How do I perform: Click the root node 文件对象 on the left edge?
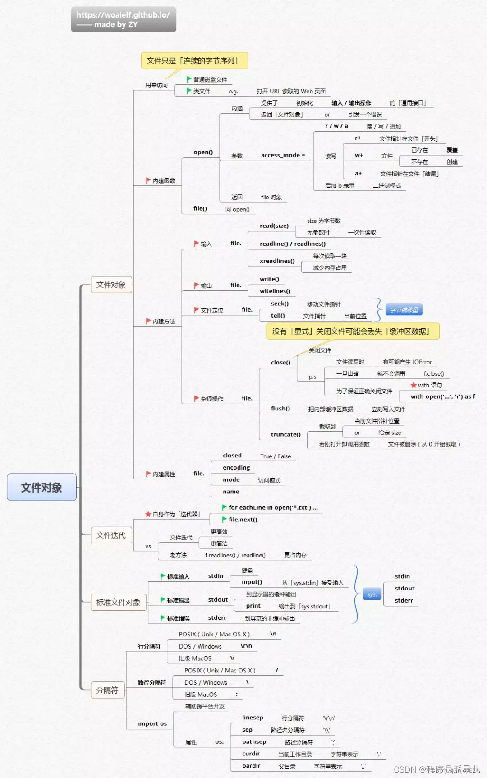click(x=41, y=487)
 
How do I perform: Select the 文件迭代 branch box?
click(x=111, y=535)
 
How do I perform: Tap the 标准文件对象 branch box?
click(x=118, y=603)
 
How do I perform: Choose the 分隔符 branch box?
click(x=107, y=690)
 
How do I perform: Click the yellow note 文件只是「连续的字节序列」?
click(x=194, y=60)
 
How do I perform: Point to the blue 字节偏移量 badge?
click(x=404, y=310)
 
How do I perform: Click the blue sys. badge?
click(x=372, y=594)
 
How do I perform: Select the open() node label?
click(x=203, y=152)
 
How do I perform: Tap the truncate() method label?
click(x=285, y=434)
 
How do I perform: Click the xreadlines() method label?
click(x=277, y=261)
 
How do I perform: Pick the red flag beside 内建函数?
click(x=148, y=180)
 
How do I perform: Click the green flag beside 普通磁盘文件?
click(x=189, y=79)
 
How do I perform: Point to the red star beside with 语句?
click(x=413, y=385)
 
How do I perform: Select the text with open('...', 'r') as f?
click(x=442, y=397)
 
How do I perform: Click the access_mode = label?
click(x=283, y=155)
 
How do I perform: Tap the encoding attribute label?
click(x=236, y=468)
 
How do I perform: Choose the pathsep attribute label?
click(x=254, y=742)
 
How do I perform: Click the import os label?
click(x=152, y=724)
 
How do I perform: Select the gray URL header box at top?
click(x=123, y=19)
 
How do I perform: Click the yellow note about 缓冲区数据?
click(x=353, y=331)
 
